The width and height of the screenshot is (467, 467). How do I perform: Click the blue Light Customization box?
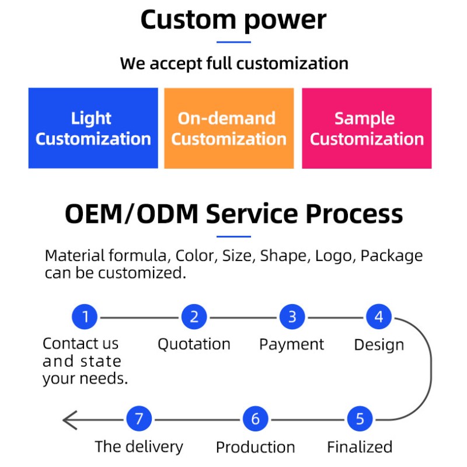(93, 128)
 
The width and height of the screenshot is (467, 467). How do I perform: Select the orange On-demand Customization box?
(229, 128)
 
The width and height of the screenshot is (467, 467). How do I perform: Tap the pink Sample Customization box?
(367, 128)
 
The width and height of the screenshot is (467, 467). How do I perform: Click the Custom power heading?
(233, 20)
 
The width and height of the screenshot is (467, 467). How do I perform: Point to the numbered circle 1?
(86, 318)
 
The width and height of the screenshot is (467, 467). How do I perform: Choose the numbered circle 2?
(194, 318)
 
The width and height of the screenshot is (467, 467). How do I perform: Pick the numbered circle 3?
(292, 318)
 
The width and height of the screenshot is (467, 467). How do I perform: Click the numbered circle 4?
(379, 318)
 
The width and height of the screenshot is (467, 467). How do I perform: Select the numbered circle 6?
(256, 419)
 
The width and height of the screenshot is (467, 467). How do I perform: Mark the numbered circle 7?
(139, 419)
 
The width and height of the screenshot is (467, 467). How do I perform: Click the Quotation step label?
(194, 344)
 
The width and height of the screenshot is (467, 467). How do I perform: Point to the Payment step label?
(292, 344)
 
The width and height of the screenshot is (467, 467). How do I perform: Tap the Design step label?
(379, 345)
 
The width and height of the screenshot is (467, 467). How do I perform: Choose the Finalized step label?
(360, 447)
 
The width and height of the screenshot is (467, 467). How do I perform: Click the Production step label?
(256, 448)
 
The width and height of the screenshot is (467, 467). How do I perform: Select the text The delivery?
(139, 447)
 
